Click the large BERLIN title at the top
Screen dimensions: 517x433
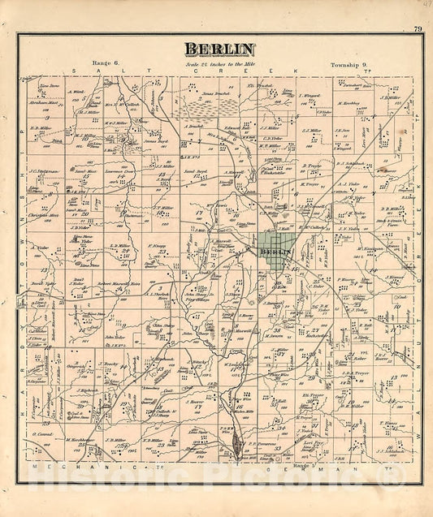coord(219,49)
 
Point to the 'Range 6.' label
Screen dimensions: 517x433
coord(106,63)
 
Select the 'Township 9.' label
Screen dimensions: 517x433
coord(349,63)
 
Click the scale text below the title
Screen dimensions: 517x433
coord(219,63)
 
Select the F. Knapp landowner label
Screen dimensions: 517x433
coord(157,244)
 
